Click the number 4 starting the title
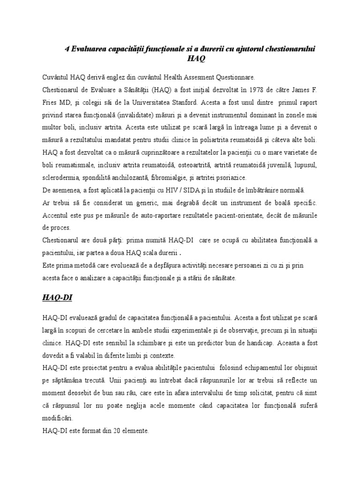(66, 48)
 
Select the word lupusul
(305, 165)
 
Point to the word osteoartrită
(193, 165)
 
